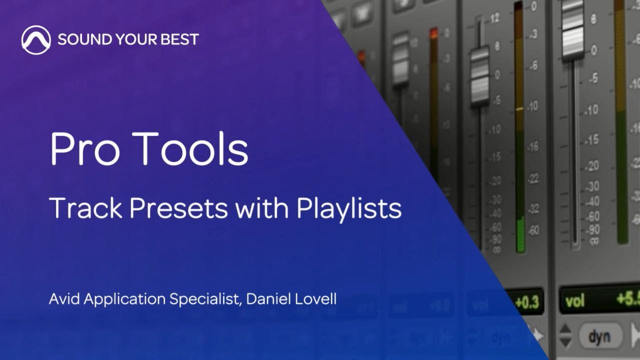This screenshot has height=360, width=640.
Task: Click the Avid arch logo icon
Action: (36, 40)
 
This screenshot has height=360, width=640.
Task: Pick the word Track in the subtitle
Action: (85, 208)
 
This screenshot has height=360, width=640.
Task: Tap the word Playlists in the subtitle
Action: (349, 208)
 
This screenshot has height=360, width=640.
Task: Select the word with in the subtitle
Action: (263, 208)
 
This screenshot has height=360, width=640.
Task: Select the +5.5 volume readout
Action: (627, 299)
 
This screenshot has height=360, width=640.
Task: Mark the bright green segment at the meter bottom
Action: (520, 235)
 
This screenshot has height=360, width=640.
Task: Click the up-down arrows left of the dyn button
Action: (565, 336)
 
